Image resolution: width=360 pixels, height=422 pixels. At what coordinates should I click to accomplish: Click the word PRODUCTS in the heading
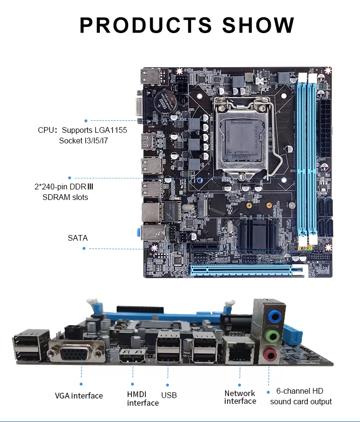click(146, 25)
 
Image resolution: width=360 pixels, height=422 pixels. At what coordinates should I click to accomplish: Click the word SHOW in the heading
click(258, 25)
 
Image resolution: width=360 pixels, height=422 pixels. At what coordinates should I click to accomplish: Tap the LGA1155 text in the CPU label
click(111, 130)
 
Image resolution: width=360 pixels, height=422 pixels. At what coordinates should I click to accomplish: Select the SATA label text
click(78, 238)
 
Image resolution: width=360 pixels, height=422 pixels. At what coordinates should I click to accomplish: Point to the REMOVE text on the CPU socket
click(241, 157)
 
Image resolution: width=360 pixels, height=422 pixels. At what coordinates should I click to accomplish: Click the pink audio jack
click(271, 355)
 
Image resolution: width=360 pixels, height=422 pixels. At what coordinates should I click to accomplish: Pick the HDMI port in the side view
click(132, 355)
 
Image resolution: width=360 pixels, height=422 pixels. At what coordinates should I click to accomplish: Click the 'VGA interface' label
click(79, 396)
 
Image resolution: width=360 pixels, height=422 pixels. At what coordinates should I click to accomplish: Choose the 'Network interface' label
click(240, 397)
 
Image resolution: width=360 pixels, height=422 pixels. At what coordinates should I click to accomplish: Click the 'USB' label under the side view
click(169, 395)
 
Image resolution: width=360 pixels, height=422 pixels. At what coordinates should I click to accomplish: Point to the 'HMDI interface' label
click(143, 399)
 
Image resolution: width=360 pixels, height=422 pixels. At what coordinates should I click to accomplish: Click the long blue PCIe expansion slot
click(241, 270)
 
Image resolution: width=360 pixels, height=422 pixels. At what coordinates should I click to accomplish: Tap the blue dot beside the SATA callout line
click(84, 248)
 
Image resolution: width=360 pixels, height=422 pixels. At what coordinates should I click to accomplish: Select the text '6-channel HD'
click(300, 391)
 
